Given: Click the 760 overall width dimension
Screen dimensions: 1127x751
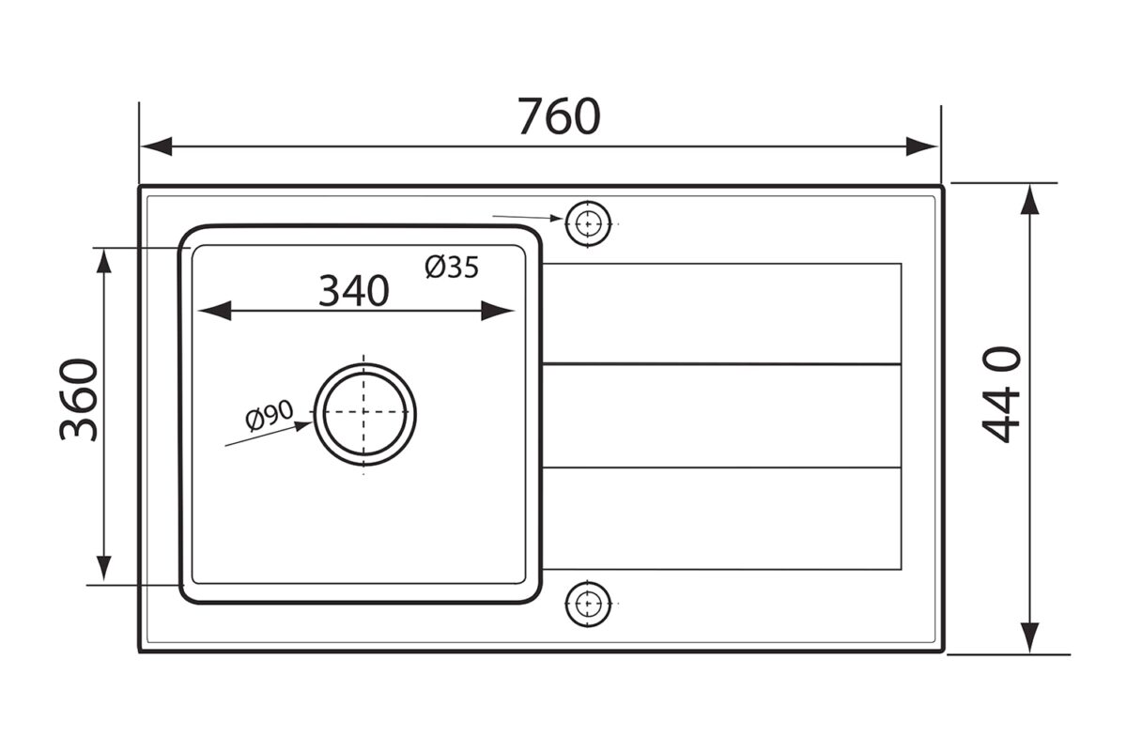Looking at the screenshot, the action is (x=559, y=116).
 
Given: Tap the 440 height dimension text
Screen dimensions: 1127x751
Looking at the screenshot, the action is (x=1001, y=395).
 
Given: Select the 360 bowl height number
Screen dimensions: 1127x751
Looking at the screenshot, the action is (x=79, y=400).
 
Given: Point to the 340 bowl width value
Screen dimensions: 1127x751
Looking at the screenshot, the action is (x=354, y=291).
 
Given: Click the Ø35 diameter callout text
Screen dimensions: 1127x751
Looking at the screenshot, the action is (x=452, y=267).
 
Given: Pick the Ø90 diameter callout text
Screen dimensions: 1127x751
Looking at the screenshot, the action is (x=270, y=416).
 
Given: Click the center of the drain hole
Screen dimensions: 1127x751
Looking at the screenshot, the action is (x=364, y=412).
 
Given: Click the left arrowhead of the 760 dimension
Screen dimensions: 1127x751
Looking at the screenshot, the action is (x=157, y=146).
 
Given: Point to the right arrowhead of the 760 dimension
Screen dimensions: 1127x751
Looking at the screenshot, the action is (x=921, y=146).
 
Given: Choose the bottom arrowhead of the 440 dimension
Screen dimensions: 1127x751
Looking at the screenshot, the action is (x=1030, y=637).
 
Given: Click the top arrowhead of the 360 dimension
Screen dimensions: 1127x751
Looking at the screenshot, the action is (x=103, y=262).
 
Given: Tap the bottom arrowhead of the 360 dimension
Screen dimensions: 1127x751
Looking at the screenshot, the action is (x=103, y=568).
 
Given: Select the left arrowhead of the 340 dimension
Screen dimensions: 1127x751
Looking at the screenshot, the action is (x=214, y=311).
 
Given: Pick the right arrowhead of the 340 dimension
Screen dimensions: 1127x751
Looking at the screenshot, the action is (x=498, y=311).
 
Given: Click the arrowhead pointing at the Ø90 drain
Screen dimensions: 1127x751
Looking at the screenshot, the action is (x=303, y=426).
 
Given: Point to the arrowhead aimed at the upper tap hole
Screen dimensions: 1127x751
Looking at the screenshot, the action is (x=556, y=219).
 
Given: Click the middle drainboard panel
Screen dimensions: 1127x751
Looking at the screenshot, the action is (x=722, y=416).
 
